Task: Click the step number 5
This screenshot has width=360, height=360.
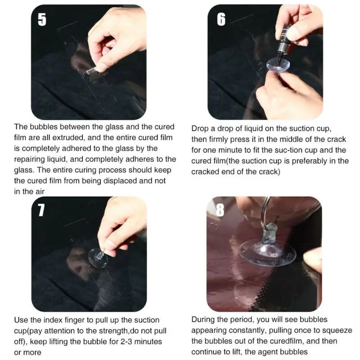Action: (42, 20)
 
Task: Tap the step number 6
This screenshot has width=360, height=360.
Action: (221, 20)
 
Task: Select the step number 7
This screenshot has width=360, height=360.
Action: (41, 210)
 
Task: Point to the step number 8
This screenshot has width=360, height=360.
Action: (220, 210)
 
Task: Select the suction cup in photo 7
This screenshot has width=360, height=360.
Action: (98, 258)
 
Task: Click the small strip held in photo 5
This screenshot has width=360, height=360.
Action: (93, 71)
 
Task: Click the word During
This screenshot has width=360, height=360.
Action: (204, 319)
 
